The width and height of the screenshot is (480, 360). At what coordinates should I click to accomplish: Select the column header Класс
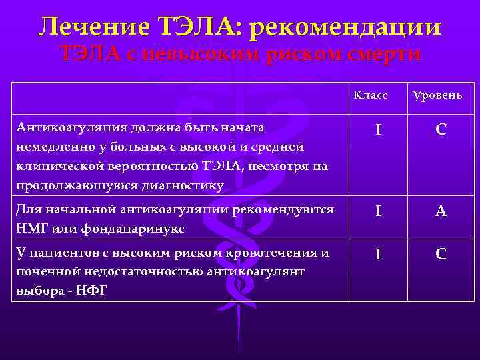(x=371, y=95)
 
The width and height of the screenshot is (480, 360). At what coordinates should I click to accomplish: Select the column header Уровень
(x=437, y=96)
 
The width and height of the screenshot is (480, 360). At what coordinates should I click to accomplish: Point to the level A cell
(x=441, y=212)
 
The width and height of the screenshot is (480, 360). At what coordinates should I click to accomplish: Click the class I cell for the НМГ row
(x=378, y=212)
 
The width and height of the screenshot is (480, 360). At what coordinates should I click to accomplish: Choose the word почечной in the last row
(x=43, y=272)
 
